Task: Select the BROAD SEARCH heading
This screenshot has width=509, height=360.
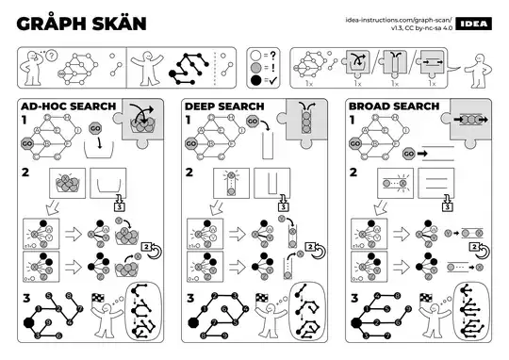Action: pyautogui.click(x=386, y=107)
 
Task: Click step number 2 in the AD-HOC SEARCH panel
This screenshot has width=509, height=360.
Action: pyautogui.click(x=26, y=173)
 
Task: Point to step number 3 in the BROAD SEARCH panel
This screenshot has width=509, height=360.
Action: pyautogui.click(x=353, y=298)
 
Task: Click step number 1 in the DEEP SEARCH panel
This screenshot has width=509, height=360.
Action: pyautogui.click(x=189, y=121)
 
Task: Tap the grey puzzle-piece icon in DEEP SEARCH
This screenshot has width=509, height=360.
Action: pyautogui.click(x=304, y=120)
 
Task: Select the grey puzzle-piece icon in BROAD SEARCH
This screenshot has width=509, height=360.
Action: pyautogui.click(x=468, y=120)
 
